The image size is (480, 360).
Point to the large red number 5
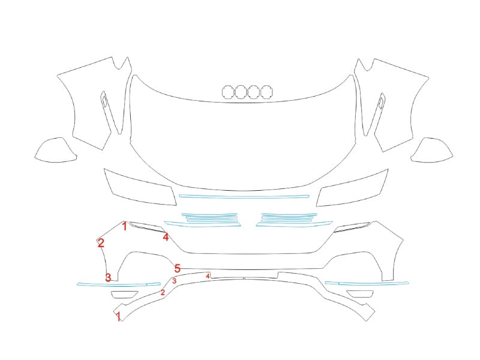[178, 268]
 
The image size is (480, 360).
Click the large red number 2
[101, 243]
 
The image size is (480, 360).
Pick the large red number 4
[166, 236]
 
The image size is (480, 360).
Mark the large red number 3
[108, 278]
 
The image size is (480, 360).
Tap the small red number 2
[163, 292]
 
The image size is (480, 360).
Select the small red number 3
[174, 281]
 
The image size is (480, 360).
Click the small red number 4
[208, 276]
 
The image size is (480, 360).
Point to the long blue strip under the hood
[244, 197]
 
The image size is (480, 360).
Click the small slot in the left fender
[104, 101]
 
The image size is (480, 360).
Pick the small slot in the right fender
[382, 101]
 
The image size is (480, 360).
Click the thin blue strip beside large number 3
[119, 284]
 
